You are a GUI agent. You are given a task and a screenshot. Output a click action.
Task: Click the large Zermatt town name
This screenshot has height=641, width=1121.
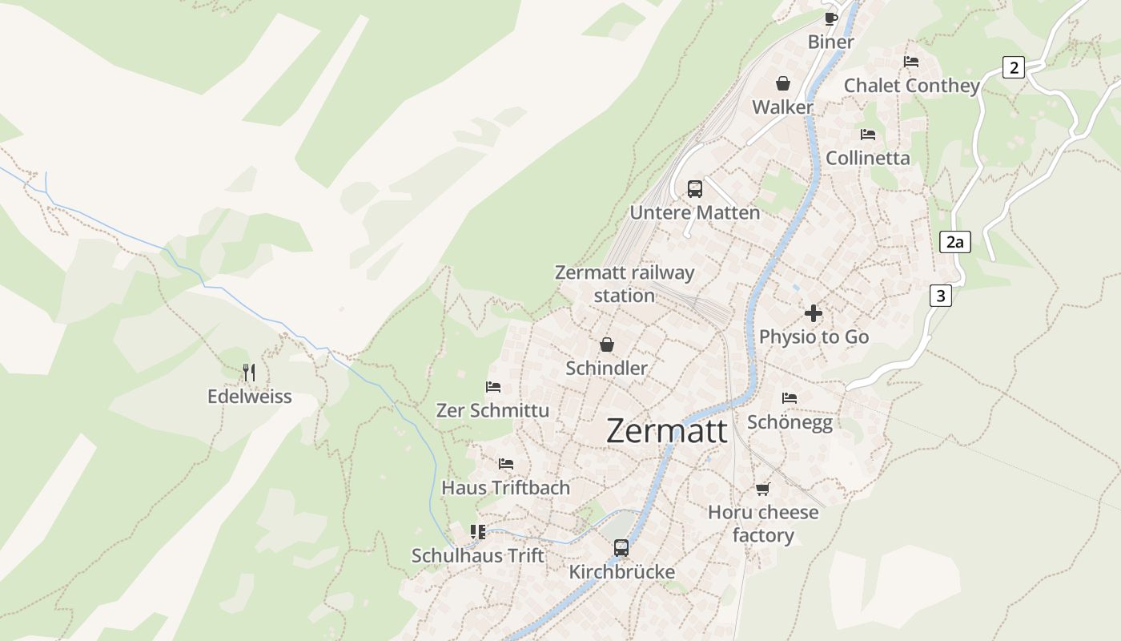[x=666, y=431]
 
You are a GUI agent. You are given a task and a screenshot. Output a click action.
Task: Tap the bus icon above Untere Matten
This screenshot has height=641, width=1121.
[x=694, y=189]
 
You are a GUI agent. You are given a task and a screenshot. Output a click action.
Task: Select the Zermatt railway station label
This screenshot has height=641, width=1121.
[x=625, y=284]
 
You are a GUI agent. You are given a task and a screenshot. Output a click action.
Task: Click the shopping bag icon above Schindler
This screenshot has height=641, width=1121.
[x=607, y=345]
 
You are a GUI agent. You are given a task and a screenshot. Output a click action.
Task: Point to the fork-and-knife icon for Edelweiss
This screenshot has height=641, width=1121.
[x=249, y=373]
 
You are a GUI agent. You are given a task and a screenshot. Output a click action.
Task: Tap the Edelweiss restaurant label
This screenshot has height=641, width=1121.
[x=249, y=397]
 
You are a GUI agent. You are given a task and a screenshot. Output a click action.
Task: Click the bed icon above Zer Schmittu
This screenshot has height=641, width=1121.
[x=493, y=387]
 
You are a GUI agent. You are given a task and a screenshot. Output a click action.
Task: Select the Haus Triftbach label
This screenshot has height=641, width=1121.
[x=505, y=487]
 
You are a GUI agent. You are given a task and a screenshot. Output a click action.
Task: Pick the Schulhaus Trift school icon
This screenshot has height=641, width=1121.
[x=478, y=532]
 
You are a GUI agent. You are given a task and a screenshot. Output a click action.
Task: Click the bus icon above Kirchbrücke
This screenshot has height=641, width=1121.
[x=621, y=548]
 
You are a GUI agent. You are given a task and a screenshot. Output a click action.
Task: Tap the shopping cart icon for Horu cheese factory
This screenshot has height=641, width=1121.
[x=762, y=489]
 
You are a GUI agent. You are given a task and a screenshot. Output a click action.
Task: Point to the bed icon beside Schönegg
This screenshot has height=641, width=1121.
[x=790, y=397]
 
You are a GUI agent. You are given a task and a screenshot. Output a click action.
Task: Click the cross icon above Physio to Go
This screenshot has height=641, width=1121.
[x=814, y=313]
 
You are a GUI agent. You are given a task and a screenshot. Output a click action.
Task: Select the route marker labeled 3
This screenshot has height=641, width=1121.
[x=940, y=296]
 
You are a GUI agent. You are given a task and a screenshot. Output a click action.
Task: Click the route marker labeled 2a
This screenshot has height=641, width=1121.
[x=954, y=242]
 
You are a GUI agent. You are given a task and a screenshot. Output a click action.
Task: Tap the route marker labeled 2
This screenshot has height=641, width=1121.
[x=1014, y=67]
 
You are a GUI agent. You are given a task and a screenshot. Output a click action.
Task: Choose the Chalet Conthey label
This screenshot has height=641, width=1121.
[x=911, y=86]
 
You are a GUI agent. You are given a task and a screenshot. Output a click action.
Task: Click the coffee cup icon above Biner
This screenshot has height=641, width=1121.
[x=830, y=18]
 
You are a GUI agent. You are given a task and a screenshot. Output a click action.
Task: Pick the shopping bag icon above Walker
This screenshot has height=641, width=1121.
[x=782, y=83]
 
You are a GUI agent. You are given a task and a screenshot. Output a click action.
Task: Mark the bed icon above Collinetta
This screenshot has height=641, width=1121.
[x=868, y=134]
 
